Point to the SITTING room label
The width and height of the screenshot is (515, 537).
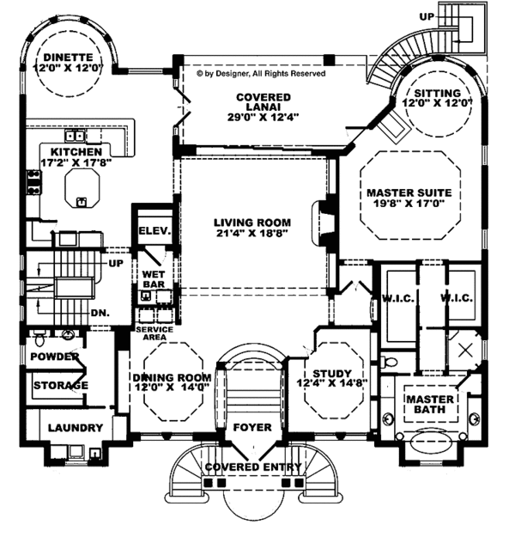coord(437,92)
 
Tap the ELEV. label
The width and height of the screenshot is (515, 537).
coord(154,231)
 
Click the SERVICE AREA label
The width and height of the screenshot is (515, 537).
coord(154,334)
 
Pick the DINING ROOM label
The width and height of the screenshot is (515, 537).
coord(172,377)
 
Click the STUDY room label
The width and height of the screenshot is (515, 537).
coord(331,373)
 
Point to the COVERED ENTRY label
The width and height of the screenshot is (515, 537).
coord(253,467)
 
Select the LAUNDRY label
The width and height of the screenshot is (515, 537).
coord(75,427)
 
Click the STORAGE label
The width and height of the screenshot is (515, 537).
coord(60,386)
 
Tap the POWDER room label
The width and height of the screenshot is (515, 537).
coord(55,357)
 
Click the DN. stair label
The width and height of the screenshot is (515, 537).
coord(100,314)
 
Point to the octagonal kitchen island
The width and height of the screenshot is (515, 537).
coord(82,183)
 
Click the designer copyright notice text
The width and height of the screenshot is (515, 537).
coord(261,75)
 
